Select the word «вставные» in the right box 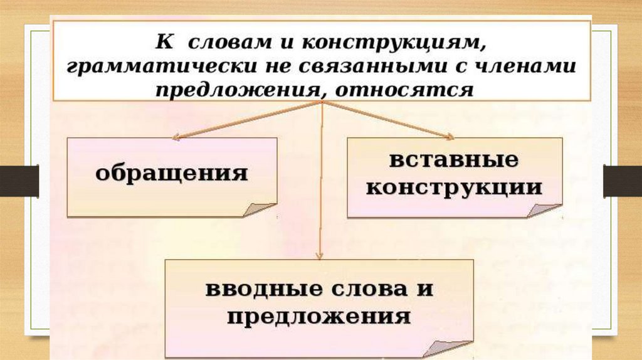pos(454,160)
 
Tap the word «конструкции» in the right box pos(454,188)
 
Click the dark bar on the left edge pos(19,181)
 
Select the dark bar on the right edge pos(622,181)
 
